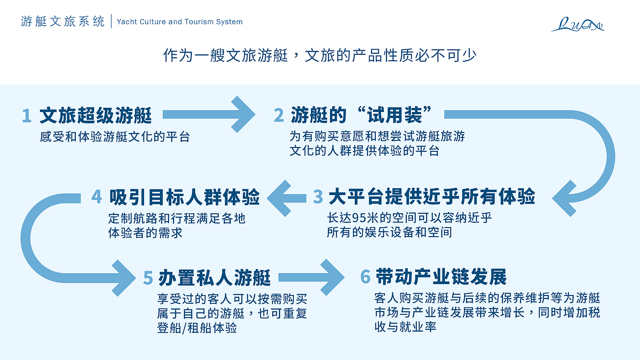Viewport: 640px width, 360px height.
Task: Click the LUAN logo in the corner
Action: point(578,24)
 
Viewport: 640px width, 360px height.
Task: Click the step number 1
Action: point(27,116)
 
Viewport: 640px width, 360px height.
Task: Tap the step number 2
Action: point(279,115)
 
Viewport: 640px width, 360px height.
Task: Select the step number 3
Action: point(318,196)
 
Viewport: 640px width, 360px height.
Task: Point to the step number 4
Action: point(96,196)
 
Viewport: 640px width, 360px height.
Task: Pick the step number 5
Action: point(148,278)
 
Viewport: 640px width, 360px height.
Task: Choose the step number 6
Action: point(365,276)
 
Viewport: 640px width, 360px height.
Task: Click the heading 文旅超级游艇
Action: point(96,115)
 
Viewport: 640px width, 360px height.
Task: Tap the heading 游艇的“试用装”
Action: point(361,115)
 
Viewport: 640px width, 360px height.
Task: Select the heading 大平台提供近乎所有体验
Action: point(432,196)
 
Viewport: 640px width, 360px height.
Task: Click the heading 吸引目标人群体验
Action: point(184,197)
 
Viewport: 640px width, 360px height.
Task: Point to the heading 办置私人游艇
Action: point(214,277)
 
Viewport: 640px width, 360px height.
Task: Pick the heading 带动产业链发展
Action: point(441,276)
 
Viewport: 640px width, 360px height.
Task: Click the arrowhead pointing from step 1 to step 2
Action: point(243,114)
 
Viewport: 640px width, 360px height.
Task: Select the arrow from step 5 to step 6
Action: point(311,277)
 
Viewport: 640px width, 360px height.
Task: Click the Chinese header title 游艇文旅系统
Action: point(63,21)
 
